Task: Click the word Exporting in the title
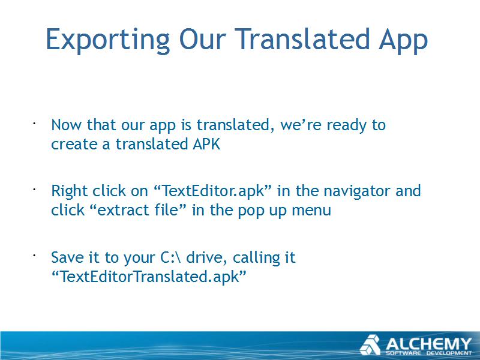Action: click(x=108, y=40)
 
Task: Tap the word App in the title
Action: click(x=403, y=40)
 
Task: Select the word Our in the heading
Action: click(x=203, y=39)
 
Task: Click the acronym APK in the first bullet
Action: click(x=206, y=144)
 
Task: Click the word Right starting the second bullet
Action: click(x=70, y=191)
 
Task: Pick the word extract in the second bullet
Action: click(x=119, y=211)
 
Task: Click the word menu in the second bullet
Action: click(x=311, y=211)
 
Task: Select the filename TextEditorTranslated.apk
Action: click(x=149, y=277)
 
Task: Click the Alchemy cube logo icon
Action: click(x=370, y=345)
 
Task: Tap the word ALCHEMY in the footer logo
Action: click(x=428, y=344)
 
